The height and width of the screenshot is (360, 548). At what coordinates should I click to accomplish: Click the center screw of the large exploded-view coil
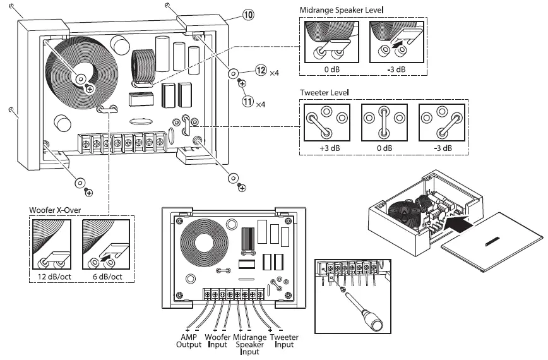[x=81, y=78]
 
